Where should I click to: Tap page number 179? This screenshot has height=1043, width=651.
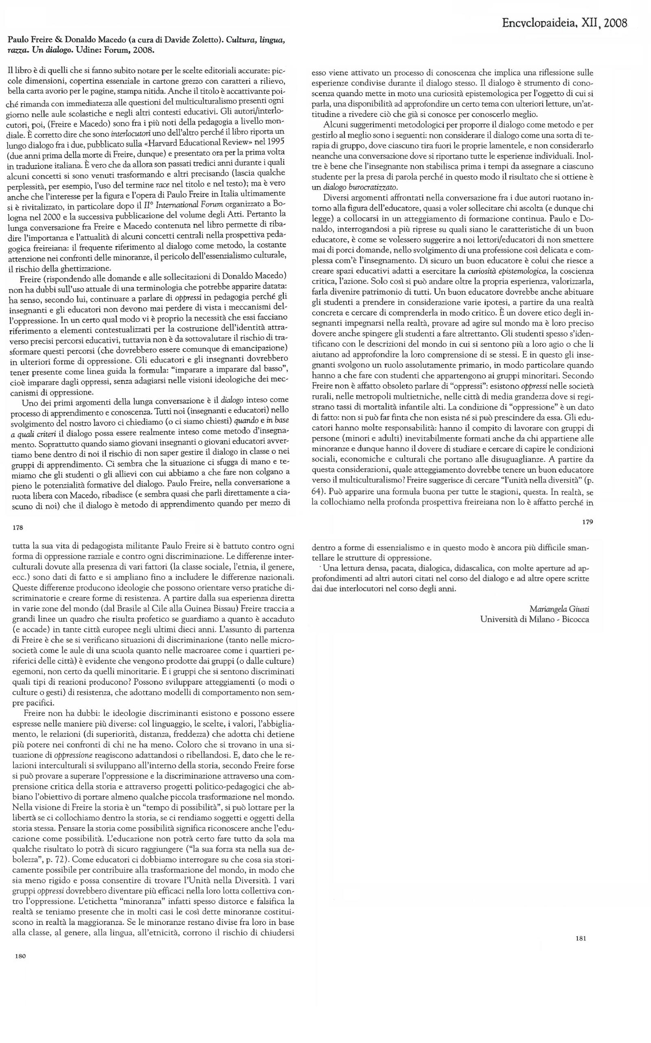tap(587, 522)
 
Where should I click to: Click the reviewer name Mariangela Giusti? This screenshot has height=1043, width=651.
tap(559, 609)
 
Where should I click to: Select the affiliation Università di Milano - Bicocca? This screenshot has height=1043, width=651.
tap(534, 619)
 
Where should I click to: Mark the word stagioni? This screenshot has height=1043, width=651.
tap(498, 491)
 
